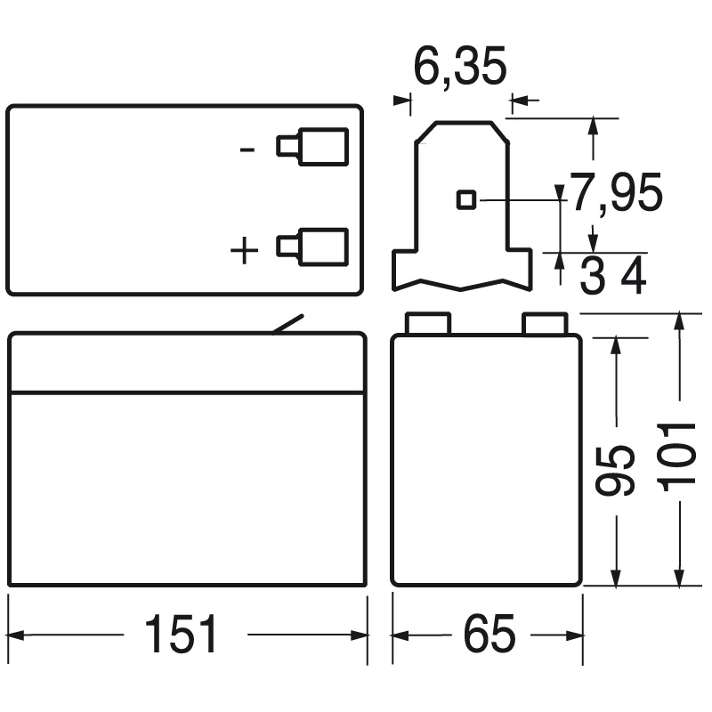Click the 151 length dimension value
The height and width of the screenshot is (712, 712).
[x=181, y=635]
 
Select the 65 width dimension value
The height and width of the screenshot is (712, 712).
[x=489, y=635]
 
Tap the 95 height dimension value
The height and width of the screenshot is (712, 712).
[x=615, y=471]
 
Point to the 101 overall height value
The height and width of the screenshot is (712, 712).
[x=676, y=457]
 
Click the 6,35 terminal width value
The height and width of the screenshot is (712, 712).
[x=460, y=66]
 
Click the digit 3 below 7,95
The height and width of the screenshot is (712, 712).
[x=593, y=275]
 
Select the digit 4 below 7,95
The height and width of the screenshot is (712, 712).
[x=633, y=275]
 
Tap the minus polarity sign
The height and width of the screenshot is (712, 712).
[x=247, y=150]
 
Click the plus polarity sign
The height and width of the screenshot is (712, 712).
[x=244, y=250]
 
